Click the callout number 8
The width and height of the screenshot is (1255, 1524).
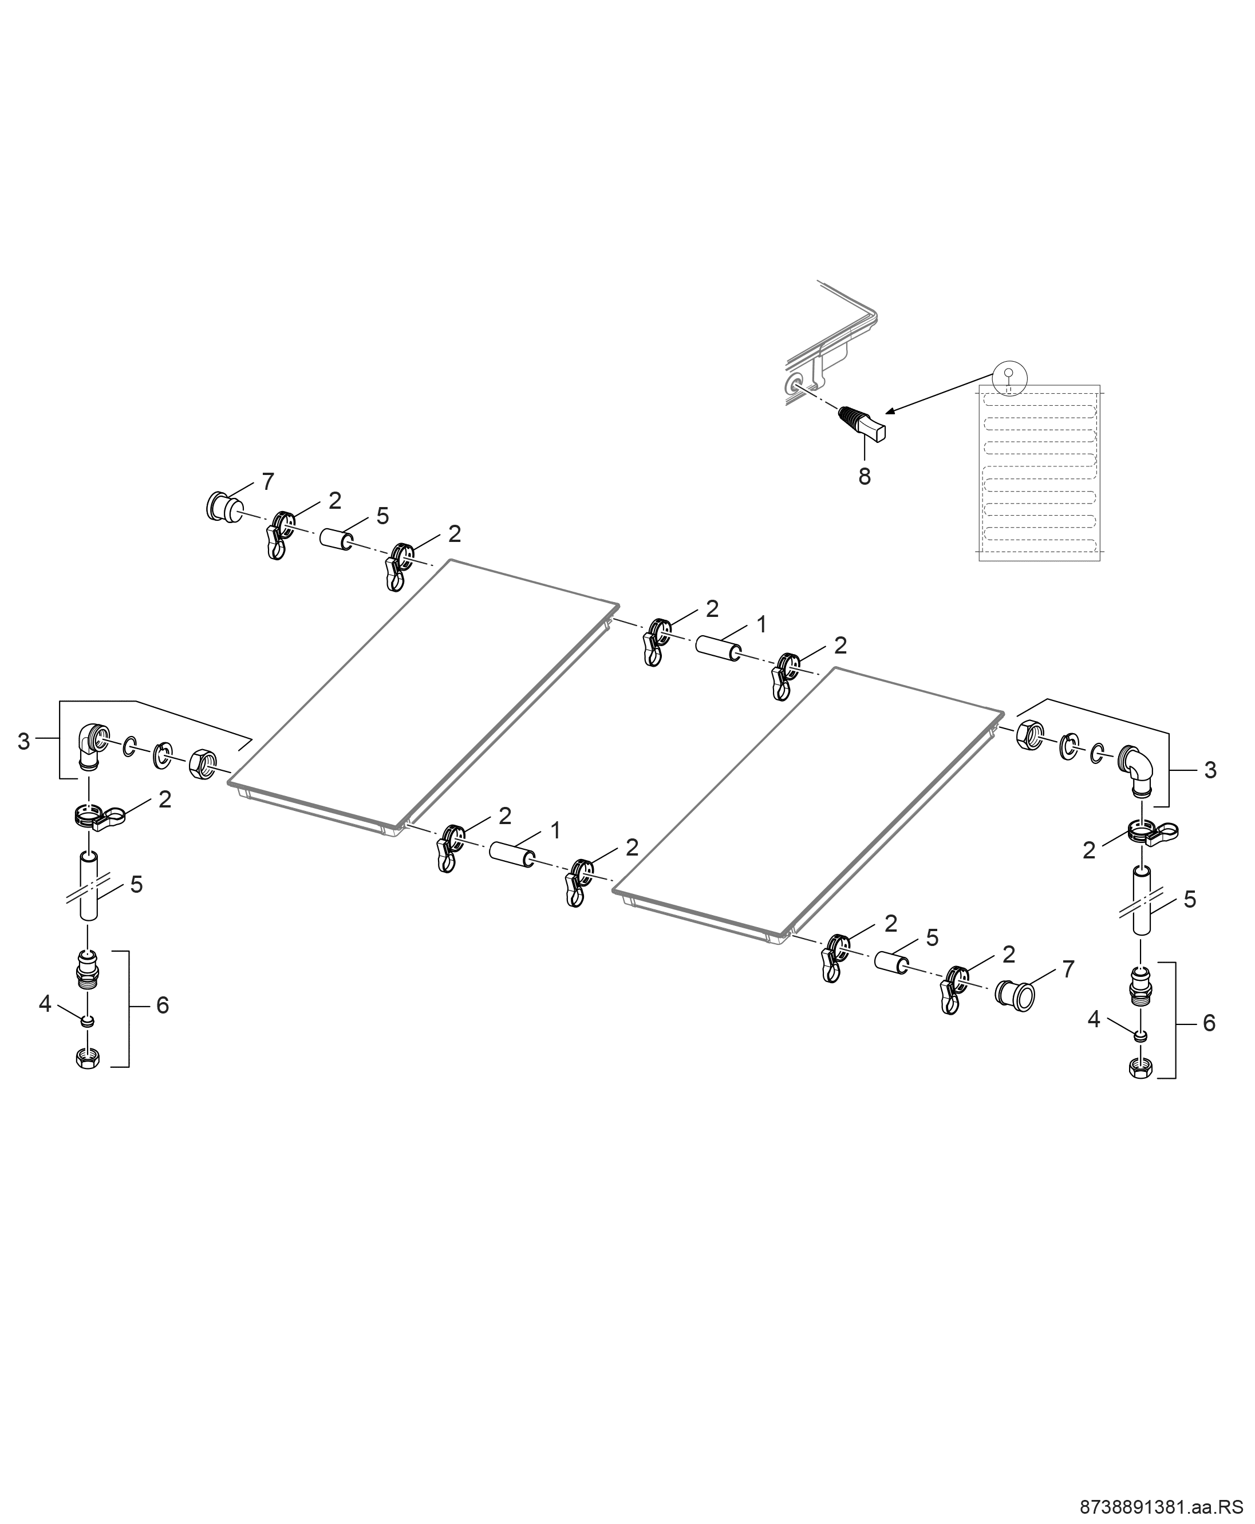point(865,477)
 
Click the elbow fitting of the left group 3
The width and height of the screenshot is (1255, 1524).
point(90,748)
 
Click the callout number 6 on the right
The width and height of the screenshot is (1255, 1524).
point(1208,1023)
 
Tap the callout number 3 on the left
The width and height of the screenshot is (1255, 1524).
point(24,742)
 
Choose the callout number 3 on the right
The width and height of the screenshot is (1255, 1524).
point(1210,770)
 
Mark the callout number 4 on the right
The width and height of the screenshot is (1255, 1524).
point(1094,1020)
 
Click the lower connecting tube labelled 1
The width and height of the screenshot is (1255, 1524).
point(512,853)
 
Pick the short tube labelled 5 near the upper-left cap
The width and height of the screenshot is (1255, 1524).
point(337,540)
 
